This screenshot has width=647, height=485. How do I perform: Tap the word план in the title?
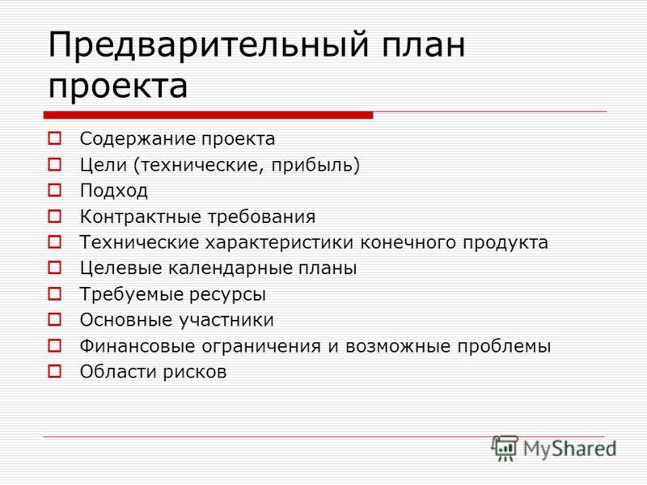(x=423, y=44)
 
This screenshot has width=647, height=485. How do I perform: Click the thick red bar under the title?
(x=208, y=115)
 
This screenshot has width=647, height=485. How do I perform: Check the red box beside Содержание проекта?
(x=54, y=138)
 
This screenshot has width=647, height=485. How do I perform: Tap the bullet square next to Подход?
(x=54, y=190)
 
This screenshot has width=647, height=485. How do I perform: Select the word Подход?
(x=113, y=191)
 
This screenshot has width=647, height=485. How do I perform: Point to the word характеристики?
(x=280, y=243)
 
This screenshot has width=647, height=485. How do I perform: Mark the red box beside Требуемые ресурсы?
(x=54, y=294)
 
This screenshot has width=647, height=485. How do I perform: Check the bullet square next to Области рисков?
(x=54, y=371)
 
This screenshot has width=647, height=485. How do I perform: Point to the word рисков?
(x=195, y=373)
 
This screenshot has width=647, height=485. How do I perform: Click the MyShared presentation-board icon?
(x=504, y=448)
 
